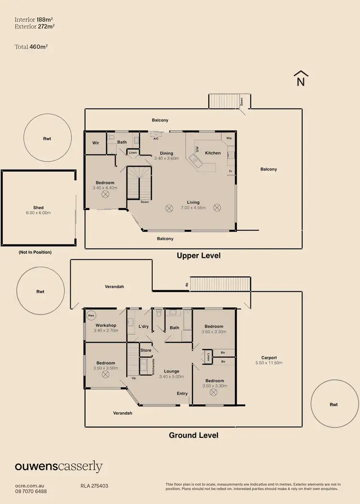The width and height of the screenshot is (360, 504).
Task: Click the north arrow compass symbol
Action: (301, 79)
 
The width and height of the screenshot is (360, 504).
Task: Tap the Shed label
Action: (38, 208)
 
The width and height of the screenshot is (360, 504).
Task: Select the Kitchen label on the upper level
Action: (213, 153)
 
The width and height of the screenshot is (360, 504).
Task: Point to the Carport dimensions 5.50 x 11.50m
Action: (269, 363)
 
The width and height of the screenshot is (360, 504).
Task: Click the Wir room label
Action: (96, 143)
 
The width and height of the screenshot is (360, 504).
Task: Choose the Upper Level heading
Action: (199, 255)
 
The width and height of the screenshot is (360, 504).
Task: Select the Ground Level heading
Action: (193, 435)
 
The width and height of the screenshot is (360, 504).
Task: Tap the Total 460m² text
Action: (31, 47)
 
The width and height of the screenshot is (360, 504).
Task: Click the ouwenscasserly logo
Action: (59, 466)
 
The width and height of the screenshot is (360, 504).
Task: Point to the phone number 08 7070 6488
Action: (31, 492)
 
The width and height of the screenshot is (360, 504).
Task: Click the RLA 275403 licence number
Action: (94, 486)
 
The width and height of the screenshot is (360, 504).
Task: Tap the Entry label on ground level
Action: (182, 394)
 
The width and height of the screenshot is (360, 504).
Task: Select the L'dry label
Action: (144, 327)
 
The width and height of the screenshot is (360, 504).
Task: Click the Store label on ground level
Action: (146, 350)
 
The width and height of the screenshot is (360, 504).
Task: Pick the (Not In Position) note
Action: (35, 252)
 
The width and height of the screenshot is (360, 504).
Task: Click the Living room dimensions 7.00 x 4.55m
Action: (193, 208)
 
